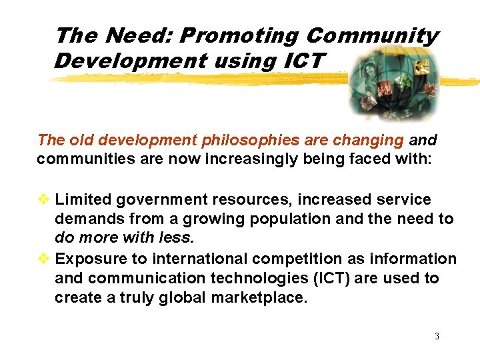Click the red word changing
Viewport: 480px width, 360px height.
[372, 140]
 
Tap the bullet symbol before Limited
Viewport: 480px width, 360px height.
[44, 199]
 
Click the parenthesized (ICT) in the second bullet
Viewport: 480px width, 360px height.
[329, 278]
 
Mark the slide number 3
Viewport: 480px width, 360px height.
[437, 336]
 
